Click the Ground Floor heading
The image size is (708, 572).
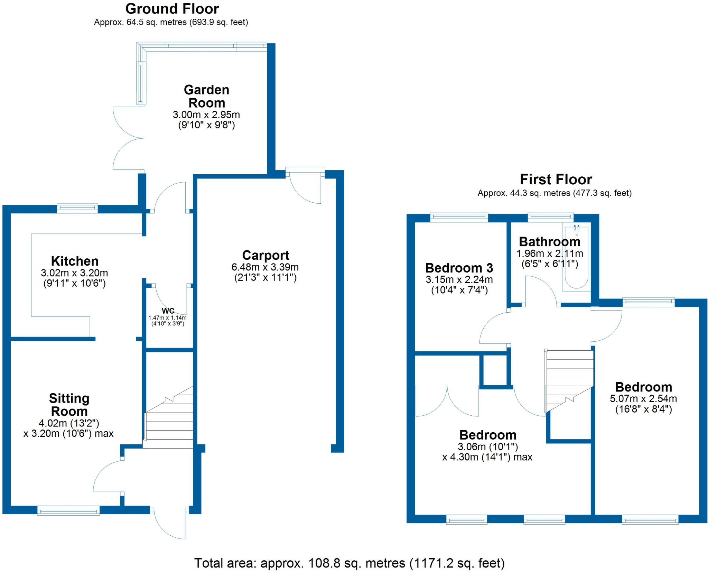coord(172,9)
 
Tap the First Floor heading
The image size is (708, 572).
coord(556,179)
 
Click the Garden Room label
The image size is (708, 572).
coord(206,96)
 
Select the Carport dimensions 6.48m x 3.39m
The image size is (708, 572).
coord(265,267)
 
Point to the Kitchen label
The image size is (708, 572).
coord(75,261)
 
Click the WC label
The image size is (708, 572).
coord(168,311)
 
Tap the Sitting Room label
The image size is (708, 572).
coord(69,405)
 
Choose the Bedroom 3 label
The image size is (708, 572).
coord(459,268)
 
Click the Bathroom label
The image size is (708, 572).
coord(549,241)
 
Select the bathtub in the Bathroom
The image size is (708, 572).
coord(576,258)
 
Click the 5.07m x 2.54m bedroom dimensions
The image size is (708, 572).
coord(643,398)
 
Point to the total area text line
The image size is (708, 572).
coord(349,563)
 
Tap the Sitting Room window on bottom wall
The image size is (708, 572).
coord(68,510)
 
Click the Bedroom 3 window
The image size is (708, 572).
coord(459,217)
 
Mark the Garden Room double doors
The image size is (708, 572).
coord(128,138)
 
